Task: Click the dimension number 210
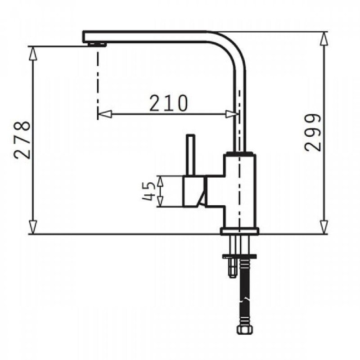pyautogui.click(x=169, y=103)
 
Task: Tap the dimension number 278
pyautogui.click(x=22, y=140)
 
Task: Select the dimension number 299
pyautogui.click(x=313, y=132)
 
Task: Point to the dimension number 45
pyautogui.click(x=148, y=191)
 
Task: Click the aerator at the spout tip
pyautogui.click(x=97, y=44)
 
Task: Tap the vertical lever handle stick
pyautogui.click(x=190, y=155)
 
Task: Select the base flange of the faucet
pyautogui.click(x=239, y=231)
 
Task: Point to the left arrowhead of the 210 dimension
pyautogui.click(x=105, y=114)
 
